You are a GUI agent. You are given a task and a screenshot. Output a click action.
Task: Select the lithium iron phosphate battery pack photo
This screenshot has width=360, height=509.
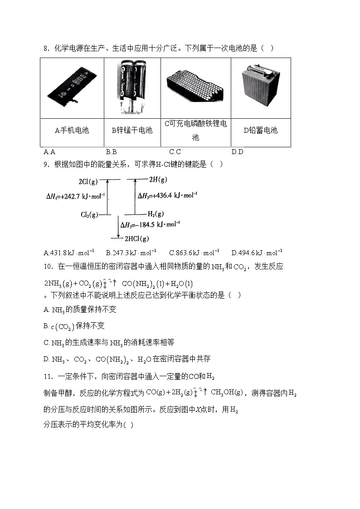click(195, 86)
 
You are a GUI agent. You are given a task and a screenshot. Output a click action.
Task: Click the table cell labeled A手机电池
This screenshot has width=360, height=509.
click(72, 131)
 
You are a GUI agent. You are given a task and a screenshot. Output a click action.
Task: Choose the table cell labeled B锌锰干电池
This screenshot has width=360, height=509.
click(132, 131)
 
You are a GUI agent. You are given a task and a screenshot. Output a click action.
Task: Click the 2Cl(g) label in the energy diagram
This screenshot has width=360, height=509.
click(88, 181)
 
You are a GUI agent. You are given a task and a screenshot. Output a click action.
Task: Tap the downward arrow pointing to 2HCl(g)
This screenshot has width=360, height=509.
click(118, 227)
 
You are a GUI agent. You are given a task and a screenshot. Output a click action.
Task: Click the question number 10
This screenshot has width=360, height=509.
click(48, 266)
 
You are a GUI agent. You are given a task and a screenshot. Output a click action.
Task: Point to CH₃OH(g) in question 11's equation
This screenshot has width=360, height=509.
click(227, 393)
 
